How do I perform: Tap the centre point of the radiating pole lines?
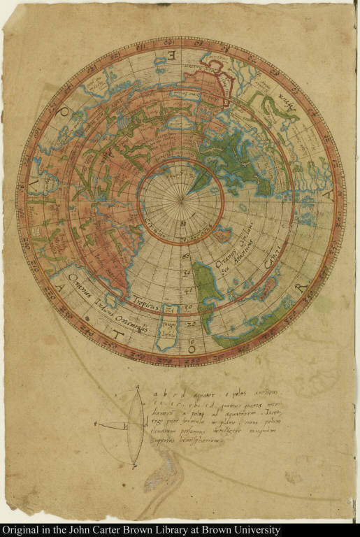[180, 201]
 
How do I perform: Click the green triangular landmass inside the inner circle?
[199, 181]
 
